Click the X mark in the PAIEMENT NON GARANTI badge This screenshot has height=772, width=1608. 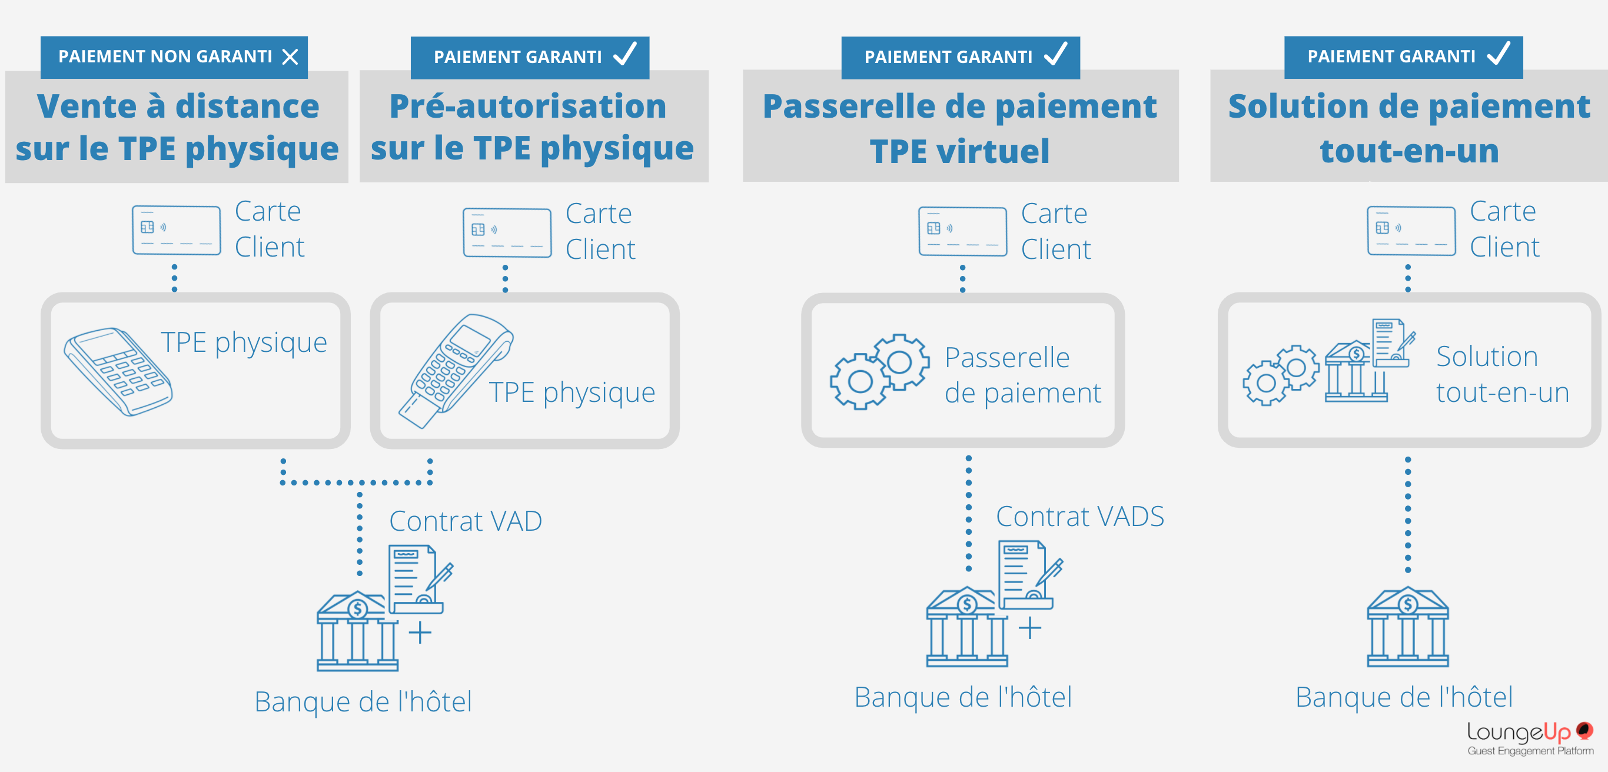pyautogui.click(x=290, y=58)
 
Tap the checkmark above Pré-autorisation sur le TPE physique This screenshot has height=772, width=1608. pyautogui.click(x=625, y=54)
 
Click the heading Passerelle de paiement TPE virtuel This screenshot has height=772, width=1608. pyautogui.click(x=959, y=128)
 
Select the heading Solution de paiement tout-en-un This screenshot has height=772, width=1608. pyautogui.click(x=1408, y=128)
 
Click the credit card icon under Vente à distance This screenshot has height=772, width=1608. pyautogui.click(x=176, y=230)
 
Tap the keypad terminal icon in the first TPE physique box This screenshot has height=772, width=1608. pyautogui.click(x=118, y=371)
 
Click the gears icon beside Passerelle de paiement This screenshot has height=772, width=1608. pyautogui.click(x=879, y=371)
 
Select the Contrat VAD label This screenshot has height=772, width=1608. pyautogui.click(x=465, y=521)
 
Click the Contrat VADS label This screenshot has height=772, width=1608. pyautogui.click(x=1079, y=517)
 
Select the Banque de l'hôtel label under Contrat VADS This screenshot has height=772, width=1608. pyautogui.click(x=962, y=697)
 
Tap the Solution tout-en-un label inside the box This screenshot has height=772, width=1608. pyautogui.click(x=1502, y=374)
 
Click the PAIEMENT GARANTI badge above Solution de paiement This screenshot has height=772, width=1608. pyautogui.click(x=1403, y=57)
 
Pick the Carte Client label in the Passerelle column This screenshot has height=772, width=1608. pyautogui.click(x=1055, y=231)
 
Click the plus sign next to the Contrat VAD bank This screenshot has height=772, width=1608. pyautogui.click(x=420, y=632)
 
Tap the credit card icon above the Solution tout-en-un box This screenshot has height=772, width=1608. pyautogui.click(x=1411, y=231)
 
